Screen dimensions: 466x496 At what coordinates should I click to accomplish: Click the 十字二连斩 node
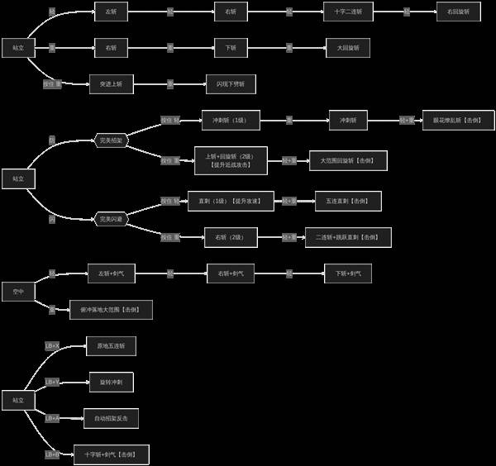(x=347, y=12)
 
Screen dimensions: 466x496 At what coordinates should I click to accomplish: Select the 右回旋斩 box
(x=458, y=12)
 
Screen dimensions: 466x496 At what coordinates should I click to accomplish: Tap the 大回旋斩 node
(x=347, y=48)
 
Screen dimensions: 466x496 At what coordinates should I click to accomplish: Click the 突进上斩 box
(x=112, y=83)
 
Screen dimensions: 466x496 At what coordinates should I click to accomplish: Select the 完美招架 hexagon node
(x=112, y=141)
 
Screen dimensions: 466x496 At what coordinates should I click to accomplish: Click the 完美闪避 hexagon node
(x=112, y=219)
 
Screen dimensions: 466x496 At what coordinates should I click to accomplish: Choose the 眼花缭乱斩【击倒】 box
(x=458, y=120)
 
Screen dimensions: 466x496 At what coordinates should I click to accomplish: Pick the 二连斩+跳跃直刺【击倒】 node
(x=348, y=237)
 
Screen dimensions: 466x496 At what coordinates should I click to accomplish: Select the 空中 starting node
(x=18, y=292)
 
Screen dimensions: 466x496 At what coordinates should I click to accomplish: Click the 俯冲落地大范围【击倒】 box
(x=111, y=310)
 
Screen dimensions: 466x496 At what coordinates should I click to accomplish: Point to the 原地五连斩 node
(x=111, y=345)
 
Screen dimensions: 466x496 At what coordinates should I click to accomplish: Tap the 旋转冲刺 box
(x=111, y=382)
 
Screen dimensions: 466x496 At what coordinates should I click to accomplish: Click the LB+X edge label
(x=52, y=345)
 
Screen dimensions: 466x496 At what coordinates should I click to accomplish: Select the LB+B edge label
(x=52, y=454)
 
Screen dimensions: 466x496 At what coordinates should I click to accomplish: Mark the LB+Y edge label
(x=52, y=382)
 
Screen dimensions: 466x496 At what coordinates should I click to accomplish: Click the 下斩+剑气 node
(x=347, y=273)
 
